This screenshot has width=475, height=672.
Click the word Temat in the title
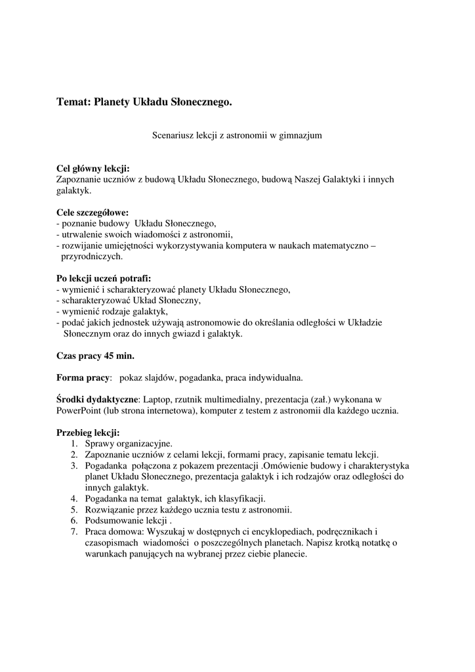click(x=73, y=102)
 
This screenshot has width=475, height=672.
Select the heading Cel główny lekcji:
click(x=93, y=168)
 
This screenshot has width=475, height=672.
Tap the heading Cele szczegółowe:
click(x=93, y=213)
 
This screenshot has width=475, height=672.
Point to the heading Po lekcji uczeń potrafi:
click(x=104, y=278)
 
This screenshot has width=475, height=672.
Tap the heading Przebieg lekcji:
click(x=88, y=433)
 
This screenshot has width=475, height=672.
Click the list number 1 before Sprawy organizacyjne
click(x=74, y=444)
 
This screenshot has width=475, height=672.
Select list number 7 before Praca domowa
click(x=74, y=532)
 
